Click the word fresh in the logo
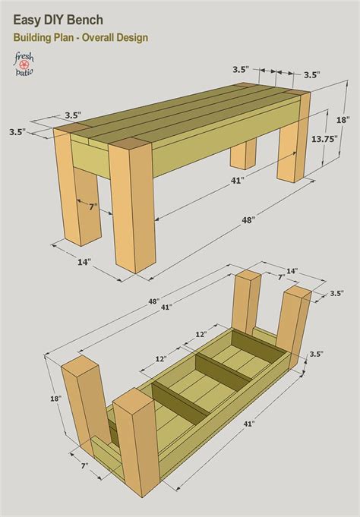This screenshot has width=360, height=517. point(24,55)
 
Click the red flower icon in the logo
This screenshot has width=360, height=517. point(24,63)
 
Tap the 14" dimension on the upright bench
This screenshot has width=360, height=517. point(83,262)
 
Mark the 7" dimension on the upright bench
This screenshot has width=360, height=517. point(91,206)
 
